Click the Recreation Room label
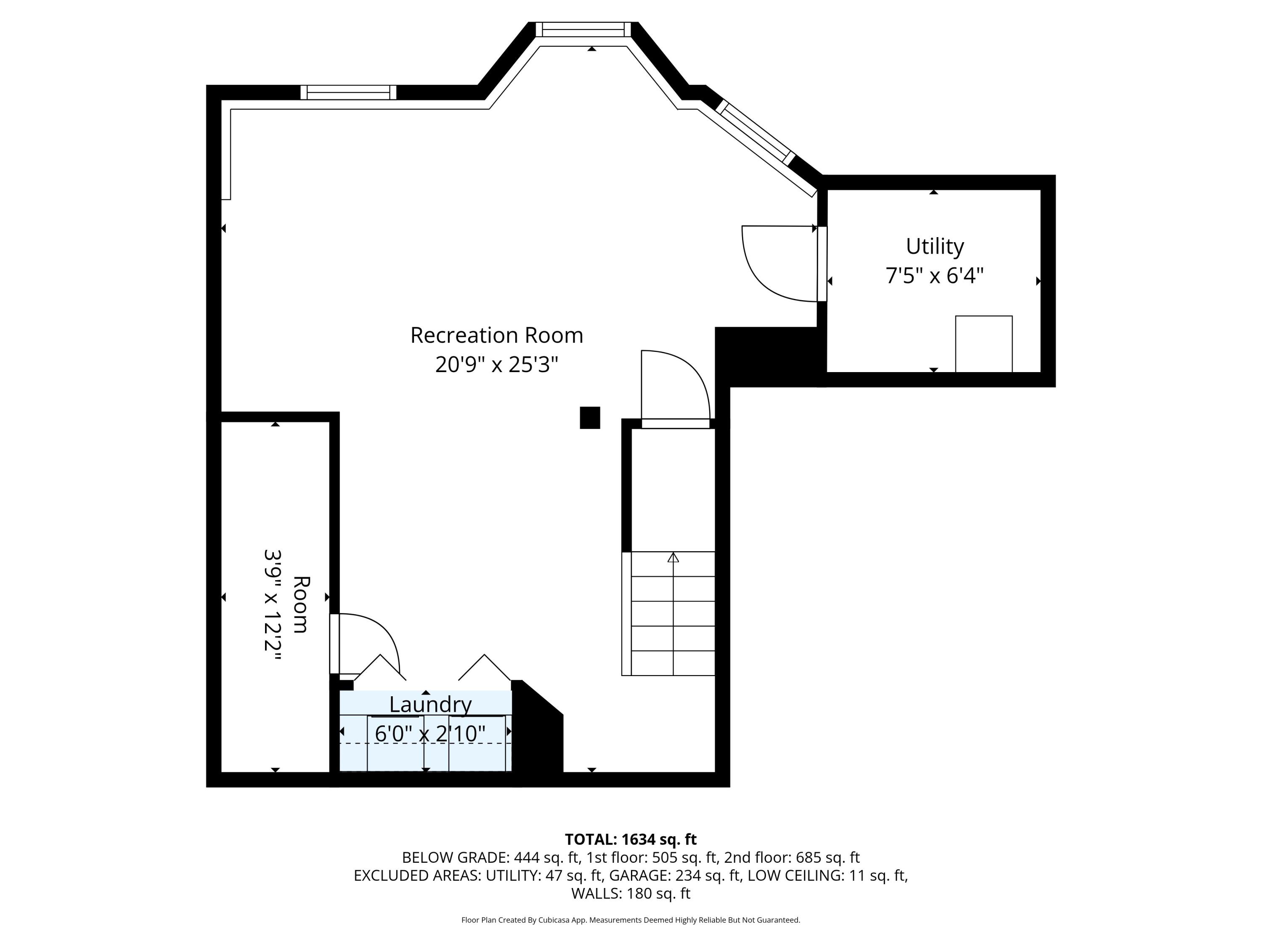(496, 335)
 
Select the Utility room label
(935, 247)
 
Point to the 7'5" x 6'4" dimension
(935, 276)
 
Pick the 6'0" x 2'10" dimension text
(430, 733)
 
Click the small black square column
(590, 418)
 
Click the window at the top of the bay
(583, 29)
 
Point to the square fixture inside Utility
(984, 344)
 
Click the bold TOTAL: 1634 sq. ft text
(631, 839)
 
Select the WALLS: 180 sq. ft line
(631, 893)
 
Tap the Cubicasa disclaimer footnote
(631, 920)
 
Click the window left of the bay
(348, 92)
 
